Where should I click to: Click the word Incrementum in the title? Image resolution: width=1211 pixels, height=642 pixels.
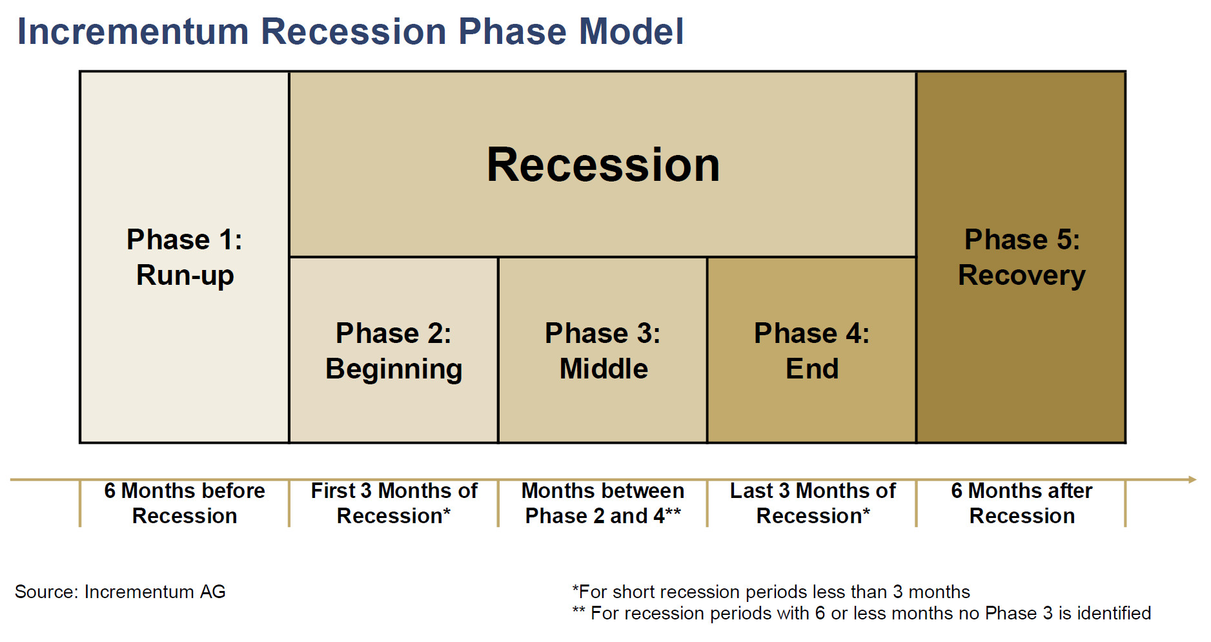[x=133, y=31]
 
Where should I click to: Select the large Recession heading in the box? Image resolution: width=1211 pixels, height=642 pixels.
[x=603, y=165]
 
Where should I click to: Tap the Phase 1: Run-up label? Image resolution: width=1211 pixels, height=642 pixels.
[x=185, y=257]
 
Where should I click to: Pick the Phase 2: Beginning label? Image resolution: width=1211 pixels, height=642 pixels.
[x=394, y=351]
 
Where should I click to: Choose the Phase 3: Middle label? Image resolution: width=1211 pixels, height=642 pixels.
[x=603, y=351]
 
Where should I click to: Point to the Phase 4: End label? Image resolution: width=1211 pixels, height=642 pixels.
[x=812, y=351]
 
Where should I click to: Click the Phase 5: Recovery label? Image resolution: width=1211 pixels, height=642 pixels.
[x=1022, y=257]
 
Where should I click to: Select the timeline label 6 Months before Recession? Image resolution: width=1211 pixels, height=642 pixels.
[x=185, y=503]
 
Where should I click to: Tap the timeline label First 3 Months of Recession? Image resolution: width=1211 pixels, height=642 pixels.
[x=394, y=503]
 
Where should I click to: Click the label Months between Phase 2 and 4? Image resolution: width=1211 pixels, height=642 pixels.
[x=603, y=503]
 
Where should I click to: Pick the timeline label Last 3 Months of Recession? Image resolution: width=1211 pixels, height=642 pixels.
[x=813, y=503]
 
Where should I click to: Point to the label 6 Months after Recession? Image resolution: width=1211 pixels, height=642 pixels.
[x=1022, y=503]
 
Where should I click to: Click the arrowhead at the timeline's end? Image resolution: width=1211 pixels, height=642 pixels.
[x=1193, y=479]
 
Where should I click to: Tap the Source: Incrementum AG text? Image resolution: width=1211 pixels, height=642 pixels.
[x=120, y=592]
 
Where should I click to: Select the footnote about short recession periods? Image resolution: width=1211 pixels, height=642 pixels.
[x=771, y=592]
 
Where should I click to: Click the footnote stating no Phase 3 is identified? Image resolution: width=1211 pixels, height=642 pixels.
[x=861, y=613]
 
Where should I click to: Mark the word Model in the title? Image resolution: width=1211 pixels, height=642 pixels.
[x=631, y=31]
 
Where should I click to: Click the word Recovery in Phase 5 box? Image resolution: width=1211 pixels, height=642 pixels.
[x=1022, y=276]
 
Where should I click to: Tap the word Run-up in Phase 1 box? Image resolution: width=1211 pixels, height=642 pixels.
[x=185, y=276]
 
